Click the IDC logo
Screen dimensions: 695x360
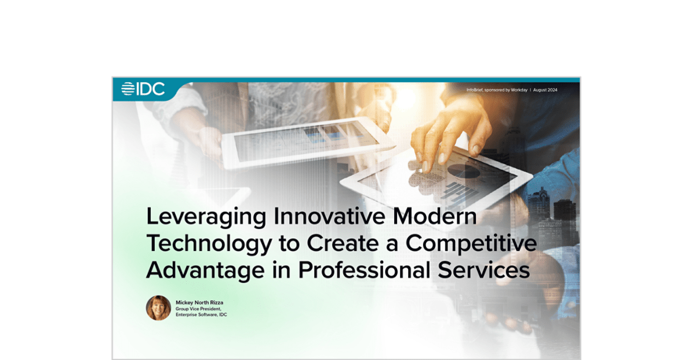pyautogui.click(x=143, y=89)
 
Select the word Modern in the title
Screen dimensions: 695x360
pyautogui.click(x=435, y=216)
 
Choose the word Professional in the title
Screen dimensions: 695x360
pyautogui.click(x=363, y=271)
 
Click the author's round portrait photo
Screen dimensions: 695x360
pyautogui.click(x=158, y=308)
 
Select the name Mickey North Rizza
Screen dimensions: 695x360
pyautogui.click(x=199, y=303)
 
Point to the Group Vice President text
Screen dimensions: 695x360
pyautogui.click(x=198, y=308)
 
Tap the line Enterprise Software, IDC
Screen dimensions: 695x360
pyautogui.click(x=201, y=315)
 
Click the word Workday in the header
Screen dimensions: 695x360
pyautogui.click(x=519, y=90)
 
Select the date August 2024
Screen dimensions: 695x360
pyautogui.click(x=545, y=90)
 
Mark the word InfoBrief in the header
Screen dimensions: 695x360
pyautogui.click(x=475, y=90)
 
